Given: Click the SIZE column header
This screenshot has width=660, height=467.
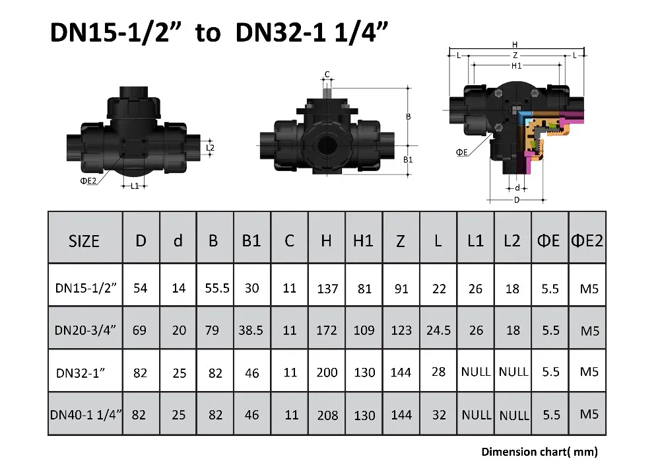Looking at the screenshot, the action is [84, 241].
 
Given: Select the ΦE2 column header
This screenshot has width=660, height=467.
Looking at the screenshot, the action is [587, 240].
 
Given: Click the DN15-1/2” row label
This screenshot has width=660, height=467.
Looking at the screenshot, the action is [86, 288].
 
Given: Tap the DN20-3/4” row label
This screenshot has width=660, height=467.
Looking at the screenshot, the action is [85, 330].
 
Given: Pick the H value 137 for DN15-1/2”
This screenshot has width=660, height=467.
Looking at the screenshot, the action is [327, 289].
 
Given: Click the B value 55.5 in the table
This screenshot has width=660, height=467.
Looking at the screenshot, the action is [216, 288].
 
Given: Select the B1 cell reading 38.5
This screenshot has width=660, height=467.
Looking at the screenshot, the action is [251, 330].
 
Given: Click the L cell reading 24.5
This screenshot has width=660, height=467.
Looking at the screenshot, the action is [439, 330].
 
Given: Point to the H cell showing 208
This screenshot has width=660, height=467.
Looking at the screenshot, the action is [327, 415].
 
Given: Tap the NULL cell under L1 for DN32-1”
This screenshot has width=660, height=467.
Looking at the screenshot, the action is [476, 372].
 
